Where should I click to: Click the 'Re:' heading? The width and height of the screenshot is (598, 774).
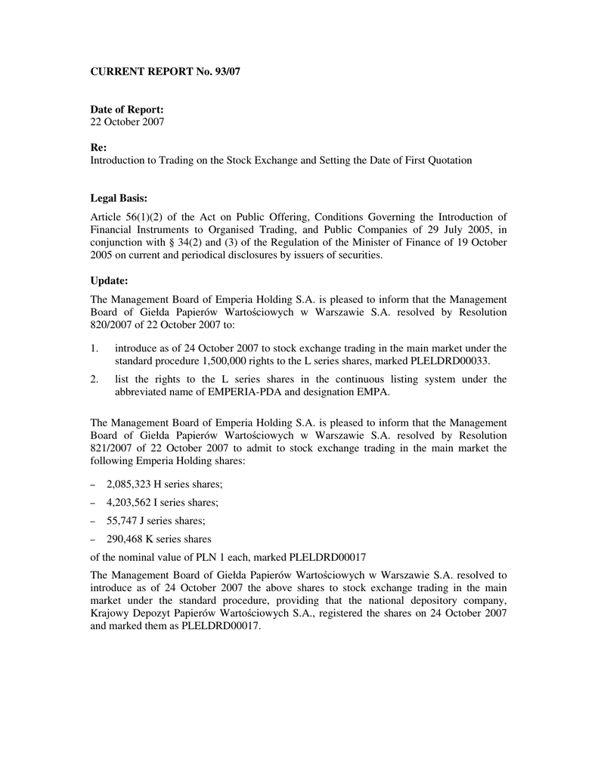click(99, 149)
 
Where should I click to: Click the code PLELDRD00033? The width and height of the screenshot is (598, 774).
click(450, 360)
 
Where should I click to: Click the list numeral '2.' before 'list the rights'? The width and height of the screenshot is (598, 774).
click(95, 379)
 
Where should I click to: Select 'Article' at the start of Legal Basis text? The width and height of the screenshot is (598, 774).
click(107, 218)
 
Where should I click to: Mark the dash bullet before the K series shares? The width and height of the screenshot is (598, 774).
click(93, 540)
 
